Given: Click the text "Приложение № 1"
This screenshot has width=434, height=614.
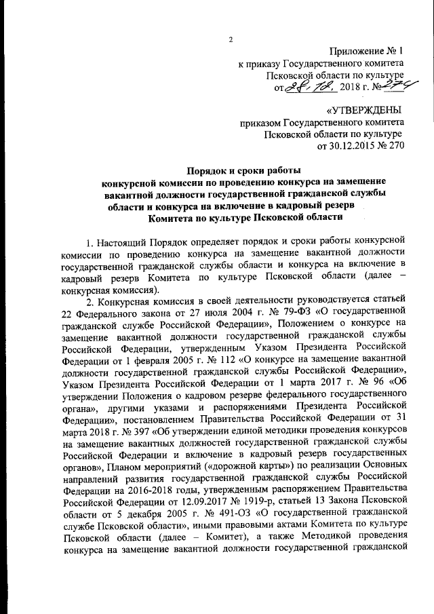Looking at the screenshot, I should [x=367, y=51].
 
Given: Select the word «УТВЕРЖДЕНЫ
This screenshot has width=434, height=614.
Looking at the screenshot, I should [x=363, y=110].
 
